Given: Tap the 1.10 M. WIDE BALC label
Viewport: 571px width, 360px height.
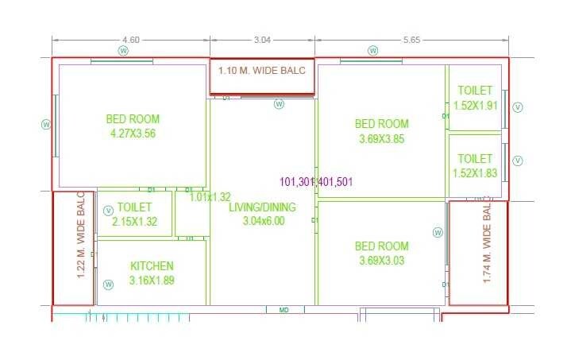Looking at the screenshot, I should (262, 71).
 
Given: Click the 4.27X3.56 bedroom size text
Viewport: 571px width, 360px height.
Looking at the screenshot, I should (133, 134).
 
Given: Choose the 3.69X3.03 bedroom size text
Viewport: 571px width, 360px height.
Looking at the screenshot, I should (382, 261).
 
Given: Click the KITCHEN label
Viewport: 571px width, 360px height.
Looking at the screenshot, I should (152, 266).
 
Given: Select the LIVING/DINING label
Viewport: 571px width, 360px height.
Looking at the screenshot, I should (262, 207).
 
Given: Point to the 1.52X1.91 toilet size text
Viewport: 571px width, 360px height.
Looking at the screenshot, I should (475, 105).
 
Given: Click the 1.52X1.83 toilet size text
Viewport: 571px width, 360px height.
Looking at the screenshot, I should (475, 173).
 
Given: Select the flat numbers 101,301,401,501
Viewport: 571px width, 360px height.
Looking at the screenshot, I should (316, 181).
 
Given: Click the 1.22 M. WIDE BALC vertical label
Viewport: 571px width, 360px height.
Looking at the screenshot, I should (81, 236).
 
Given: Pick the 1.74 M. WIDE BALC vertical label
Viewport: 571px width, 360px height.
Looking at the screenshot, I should (488, 243).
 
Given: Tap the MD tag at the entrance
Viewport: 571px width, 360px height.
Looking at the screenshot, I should (284, 310).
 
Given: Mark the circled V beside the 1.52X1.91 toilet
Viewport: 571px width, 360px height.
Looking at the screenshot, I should (518, 106).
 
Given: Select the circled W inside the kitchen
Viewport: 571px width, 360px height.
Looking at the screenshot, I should (108, 284).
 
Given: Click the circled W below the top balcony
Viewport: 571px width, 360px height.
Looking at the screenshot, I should (279, 103).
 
